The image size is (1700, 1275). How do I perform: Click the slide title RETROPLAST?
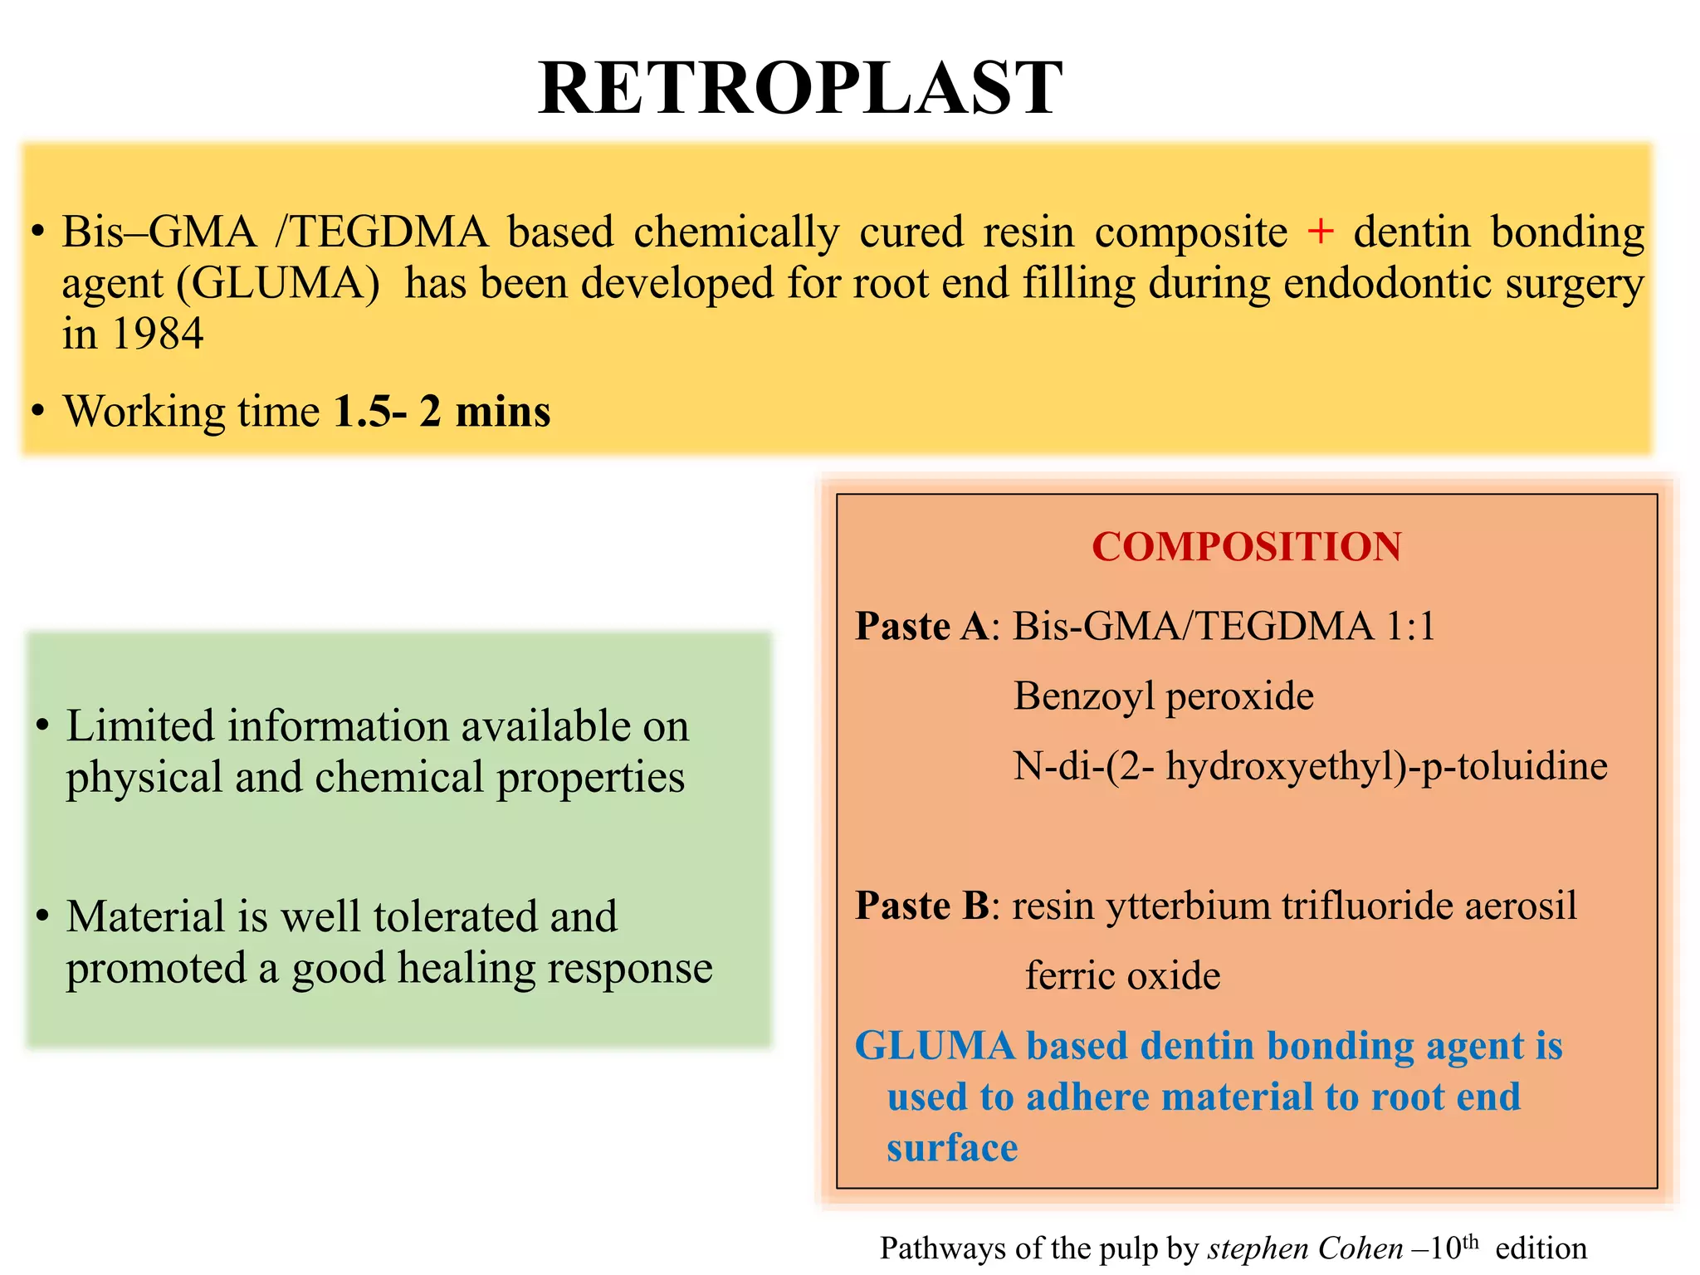pos(800,89)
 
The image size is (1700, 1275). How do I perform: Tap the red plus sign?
pos(1320,231)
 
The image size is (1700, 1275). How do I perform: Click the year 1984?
pos(157,335)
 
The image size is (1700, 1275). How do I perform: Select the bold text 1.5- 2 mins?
pos(442,412)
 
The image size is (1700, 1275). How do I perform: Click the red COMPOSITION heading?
pos(1246,547)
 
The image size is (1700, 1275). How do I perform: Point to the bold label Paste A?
pos(921,626)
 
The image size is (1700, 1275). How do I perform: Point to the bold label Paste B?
pos(921,906)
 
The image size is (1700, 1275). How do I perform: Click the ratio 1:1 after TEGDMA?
pos(1410,626)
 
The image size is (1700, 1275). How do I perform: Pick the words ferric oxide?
pos(1122,975)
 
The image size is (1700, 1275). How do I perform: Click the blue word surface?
pos(952,1148)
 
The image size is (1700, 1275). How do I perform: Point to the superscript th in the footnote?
pos(1470,1242)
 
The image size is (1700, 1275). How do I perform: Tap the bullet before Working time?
pos(37,412)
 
